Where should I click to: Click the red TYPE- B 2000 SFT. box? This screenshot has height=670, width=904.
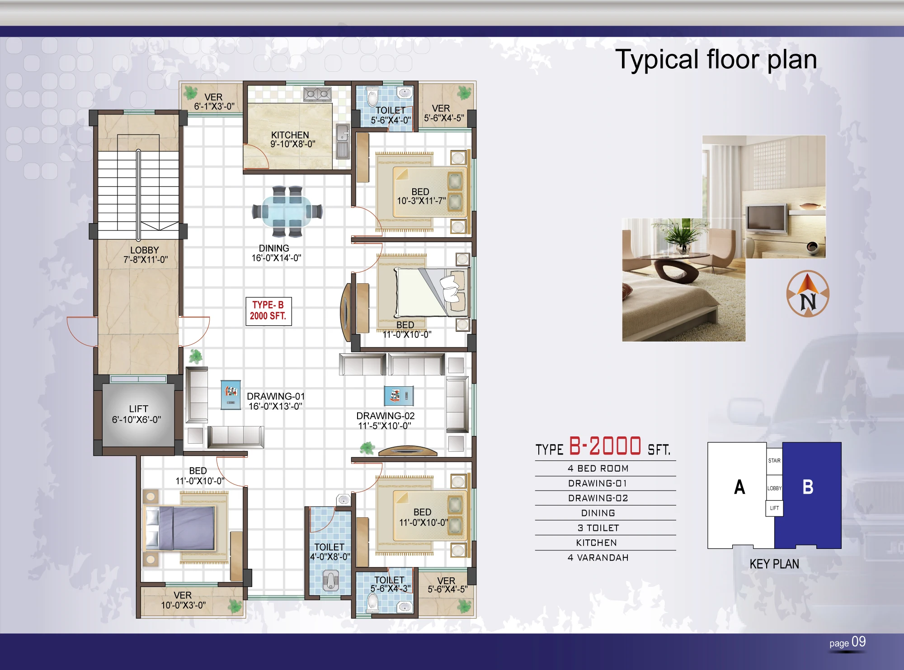[268, 311]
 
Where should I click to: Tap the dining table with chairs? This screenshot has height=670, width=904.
[287, 211]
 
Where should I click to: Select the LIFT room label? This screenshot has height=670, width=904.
[137, 414]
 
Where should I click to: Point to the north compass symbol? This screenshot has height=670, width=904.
[808, 294]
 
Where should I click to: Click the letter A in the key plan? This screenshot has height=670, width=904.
[739, 487]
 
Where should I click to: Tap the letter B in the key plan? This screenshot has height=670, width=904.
[808, 487]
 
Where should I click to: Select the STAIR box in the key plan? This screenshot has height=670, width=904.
[774, 461]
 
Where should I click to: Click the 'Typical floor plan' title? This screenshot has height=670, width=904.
[716, 59]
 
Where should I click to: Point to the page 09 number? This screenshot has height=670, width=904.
[847, 642]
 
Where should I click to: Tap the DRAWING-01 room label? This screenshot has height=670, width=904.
[276, 401]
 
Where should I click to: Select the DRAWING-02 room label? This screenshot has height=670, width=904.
[385, 421]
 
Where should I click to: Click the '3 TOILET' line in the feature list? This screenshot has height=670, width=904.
[598, 528]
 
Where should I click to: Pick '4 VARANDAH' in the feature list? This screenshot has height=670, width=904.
[598, 558]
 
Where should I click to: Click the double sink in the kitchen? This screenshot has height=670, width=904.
[317, 94]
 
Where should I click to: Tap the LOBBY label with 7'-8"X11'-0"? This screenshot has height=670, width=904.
[145, 255]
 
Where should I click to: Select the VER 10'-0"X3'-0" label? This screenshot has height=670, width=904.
[183, 600]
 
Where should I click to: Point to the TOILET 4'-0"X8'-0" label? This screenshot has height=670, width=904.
[330, 552]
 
